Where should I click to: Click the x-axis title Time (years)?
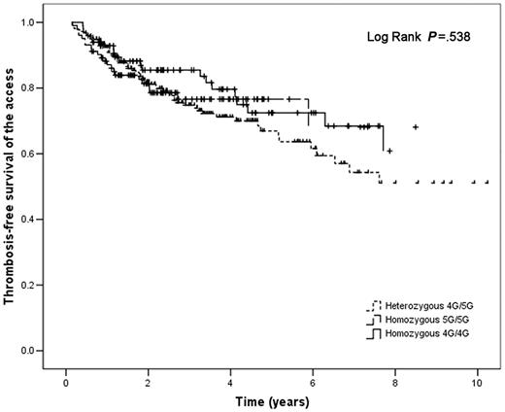tap(271, 399)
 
